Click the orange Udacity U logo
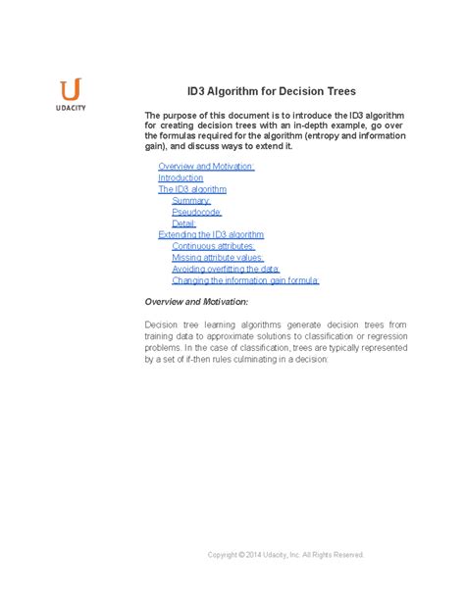(x=71, y=88)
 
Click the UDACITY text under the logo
(x=71, y=107)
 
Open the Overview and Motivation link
(x=206, y=166)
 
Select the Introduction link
(x=181, y=177)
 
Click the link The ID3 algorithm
(x=192, y=189)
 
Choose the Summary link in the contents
(x=191, y=200)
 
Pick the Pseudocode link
(x=196, y=212)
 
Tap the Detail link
(x=185, y=224)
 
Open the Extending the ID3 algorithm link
(x=211, y=234)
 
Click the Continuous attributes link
(x=213, y=246)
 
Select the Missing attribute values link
(x=215, y=258)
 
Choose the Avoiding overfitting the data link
(x=226, y=269)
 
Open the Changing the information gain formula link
(x=245, y=280)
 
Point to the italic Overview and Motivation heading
(x=196, y=301)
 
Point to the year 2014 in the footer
(x=257, y=554)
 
